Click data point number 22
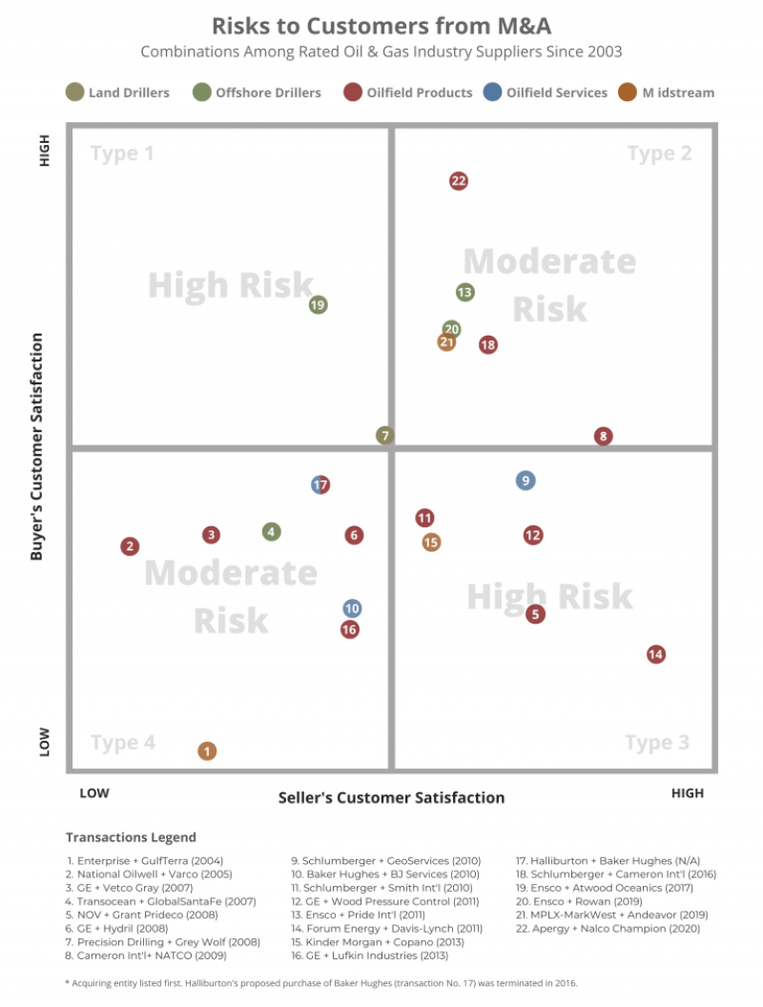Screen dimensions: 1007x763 pyautogui.click(x=459, y=181)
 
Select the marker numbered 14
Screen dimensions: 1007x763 pyautogui.click(x=655, y=654)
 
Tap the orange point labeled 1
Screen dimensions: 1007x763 pyautogui.click(x=207, y=751)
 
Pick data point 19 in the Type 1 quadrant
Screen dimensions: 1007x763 pyautogui.click(x=319, y=305)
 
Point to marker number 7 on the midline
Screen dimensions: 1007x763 pyautogui.click(x=384, y=436)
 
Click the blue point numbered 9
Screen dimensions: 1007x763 pyautogui.click(x=526, y=481)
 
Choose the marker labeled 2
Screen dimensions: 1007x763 pyautogui.click(x=130, y=546)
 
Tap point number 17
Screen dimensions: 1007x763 pyautogui.click(x=320, y=484)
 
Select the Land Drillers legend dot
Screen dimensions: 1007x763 pyautogui.click(x=74, y=92)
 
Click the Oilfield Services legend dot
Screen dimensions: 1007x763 pyautogui.click(x=492, y=92)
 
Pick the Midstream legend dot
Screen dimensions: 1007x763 pyautogui.click(x=627, y=92)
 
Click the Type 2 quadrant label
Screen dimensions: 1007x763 pyautogui.click(x=659, y=154)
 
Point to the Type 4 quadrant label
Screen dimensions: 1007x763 pyautogui.click(x=123, y=743)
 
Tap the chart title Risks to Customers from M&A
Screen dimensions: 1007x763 pyautogui.click(x=381, y=25)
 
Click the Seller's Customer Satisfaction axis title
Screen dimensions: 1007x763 pyautogui.click(x=391, y=797)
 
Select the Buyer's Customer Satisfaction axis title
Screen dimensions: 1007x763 pyautogui.click(x=37, y=446)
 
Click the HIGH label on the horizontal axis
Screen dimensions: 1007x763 pyautogui.click(x=687, y=793)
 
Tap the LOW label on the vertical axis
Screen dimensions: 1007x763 pyautogui.click(x=44, y=742)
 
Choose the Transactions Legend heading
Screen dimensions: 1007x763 pyautogui.click(x=131, y=837)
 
